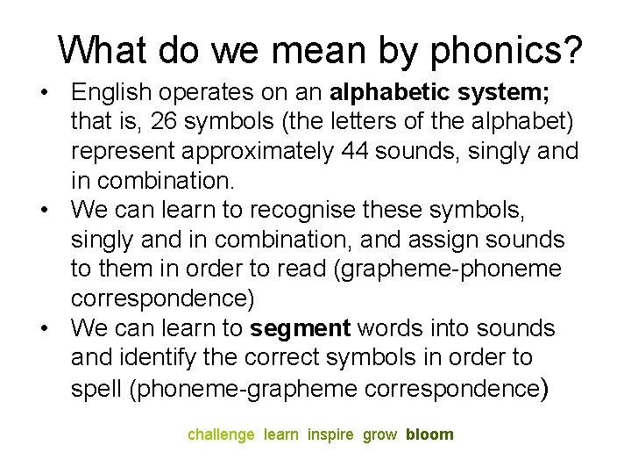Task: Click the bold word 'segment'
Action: point(300,329)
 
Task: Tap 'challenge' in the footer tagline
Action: point(221,434)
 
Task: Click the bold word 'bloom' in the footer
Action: point(429,434)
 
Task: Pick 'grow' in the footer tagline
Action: point(379,434)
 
